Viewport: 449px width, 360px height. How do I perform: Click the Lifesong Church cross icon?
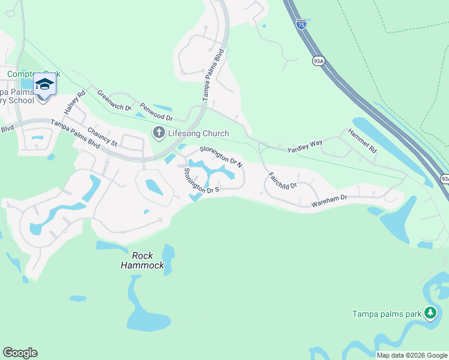159,133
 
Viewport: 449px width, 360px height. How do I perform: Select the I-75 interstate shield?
301,24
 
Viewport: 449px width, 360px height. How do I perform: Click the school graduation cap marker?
44,84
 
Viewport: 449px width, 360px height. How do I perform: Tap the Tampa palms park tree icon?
430,313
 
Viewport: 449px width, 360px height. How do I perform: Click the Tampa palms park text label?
387,314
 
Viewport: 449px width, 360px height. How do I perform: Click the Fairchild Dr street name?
283,181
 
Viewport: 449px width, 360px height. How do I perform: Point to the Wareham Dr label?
329,201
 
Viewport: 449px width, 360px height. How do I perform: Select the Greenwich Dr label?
113,101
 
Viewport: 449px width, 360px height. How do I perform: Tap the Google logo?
20,353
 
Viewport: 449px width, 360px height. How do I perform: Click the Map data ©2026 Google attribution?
411,355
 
